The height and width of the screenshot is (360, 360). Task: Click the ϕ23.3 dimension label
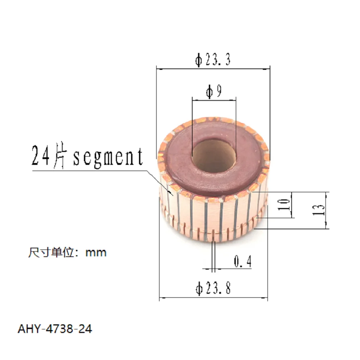coord(213,60)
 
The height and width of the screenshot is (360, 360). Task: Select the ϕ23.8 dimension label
coord(213,288)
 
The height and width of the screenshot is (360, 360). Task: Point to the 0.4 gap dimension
coord(243,261)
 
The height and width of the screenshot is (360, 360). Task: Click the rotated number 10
coord(284,204)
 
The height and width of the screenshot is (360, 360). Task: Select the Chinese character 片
coord(60,156)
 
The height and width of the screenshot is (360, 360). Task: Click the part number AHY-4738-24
coord(55,329)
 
